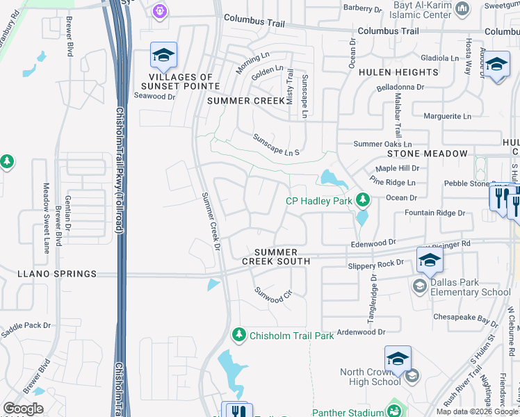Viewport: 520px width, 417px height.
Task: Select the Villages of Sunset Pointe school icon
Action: (x=163, y=55)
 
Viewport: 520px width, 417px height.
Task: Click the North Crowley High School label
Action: (x=370, y=377)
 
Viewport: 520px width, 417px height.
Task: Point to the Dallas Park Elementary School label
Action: (x=471, y=288)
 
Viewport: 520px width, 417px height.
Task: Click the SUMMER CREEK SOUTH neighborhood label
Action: (x=276, y=256)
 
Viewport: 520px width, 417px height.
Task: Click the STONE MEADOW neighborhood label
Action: (x=428, y=153)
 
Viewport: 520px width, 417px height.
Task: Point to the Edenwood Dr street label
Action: (x=373, y=243)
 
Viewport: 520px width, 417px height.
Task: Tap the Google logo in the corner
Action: (x=23, y=409)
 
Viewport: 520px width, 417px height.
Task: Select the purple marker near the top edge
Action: (x=161, y=10)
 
